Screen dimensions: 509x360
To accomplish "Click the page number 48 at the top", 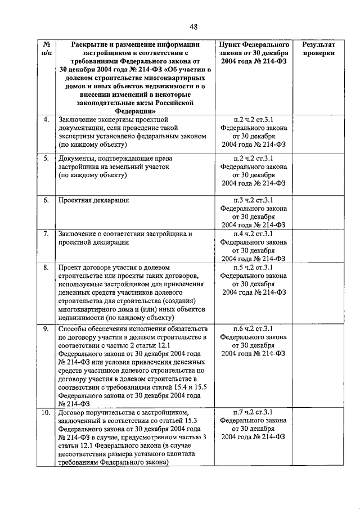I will click(193, 26).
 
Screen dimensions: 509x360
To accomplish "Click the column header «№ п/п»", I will click(46, 48).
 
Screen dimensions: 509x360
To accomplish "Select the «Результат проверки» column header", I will click(318, 48).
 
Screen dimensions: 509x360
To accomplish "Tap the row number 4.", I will click(46, 119).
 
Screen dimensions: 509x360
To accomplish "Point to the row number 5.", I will click(46, 158).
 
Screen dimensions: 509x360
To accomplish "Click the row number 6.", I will click(46, 200).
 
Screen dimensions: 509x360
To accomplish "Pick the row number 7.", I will click(46, 233).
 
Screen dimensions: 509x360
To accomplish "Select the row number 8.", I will click(46, 267).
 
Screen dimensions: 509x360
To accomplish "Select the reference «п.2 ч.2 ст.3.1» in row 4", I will click(253, 119).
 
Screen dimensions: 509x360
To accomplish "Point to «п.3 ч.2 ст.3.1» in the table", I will click(253, 200).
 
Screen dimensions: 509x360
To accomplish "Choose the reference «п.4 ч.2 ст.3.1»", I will click(253, 233).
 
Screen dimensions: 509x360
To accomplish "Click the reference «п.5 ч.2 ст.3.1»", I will click(253, 267).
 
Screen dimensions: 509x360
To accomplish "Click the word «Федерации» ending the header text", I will click(130, 111).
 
